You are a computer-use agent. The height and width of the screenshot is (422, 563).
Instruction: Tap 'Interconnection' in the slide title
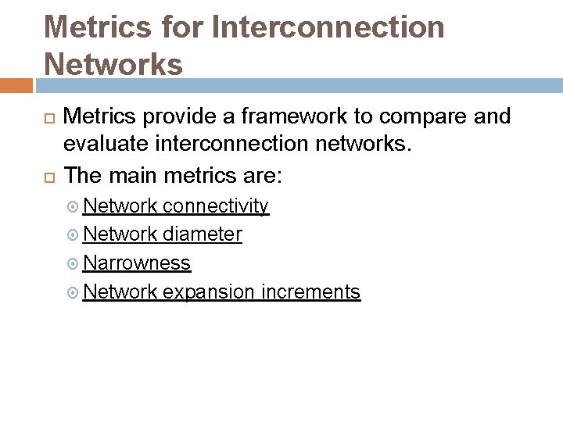click(328, 27)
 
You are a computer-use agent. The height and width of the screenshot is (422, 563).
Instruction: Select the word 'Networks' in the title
click(113, 64)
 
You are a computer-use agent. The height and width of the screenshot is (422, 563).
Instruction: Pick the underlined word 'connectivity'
click(216, 206)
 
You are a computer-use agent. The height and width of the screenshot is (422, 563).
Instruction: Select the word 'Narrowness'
click(137, 263)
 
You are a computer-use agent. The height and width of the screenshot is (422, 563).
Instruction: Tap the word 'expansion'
click(209, 292)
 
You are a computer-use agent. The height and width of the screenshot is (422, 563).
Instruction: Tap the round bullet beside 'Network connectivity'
click(73, 207)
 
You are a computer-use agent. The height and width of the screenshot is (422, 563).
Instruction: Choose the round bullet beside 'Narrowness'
click(73, 264)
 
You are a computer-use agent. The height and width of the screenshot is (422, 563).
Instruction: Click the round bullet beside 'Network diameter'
click(73, 235)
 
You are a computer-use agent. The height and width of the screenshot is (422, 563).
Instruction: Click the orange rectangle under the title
click(16, 85)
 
